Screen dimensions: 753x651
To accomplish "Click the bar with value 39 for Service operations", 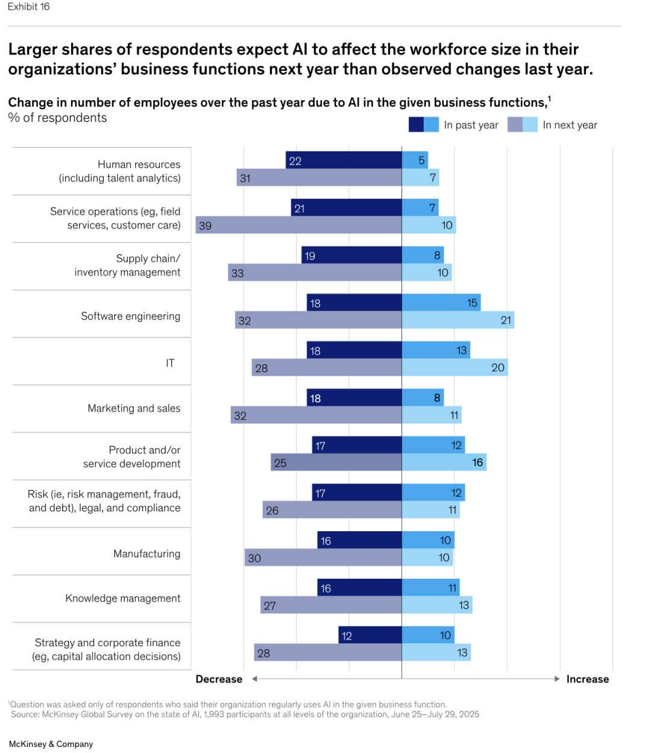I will pos(298,225).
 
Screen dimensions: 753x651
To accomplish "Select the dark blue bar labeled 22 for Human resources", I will pos(344,160).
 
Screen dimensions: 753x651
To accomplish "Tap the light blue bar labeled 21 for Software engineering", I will pos(458,320).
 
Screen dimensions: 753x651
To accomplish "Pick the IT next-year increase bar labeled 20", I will pos(454,367).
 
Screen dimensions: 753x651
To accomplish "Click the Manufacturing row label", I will pos(146,553).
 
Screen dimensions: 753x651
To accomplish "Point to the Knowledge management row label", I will pos(123,598).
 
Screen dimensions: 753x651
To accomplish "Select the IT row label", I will pos(170,363).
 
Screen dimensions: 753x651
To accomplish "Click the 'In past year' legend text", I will pos(471,125).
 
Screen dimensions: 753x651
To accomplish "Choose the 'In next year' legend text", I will pos(570,125).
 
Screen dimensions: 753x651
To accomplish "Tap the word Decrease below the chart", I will pos(219,679).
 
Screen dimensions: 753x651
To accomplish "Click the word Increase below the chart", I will pos(587,679).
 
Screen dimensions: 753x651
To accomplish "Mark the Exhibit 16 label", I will pos(28,7).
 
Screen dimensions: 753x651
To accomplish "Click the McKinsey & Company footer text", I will pos(51,744).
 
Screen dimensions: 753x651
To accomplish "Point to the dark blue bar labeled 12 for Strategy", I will pos(370,635).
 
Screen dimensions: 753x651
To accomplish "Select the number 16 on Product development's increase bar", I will pos(477,462).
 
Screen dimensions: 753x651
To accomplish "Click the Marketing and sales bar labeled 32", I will pos(316,415).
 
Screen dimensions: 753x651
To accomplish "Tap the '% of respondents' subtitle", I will pos(58,118).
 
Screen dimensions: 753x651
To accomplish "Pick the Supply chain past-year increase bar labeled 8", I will pos(423,255).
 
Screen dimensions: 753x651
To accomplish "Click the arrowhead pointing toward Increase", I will pos(557,679).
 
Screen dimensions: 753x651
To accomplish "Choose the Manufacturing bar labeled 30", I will pos(323,558).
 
